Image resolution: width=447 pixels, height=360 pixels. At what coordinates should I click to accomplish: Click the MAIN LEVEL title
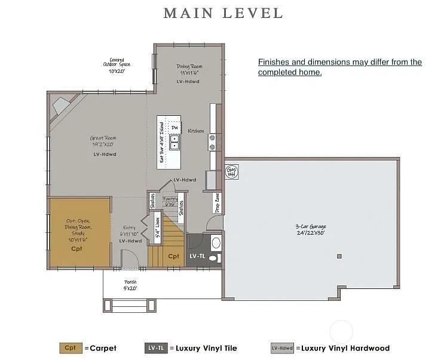(x=223, y=13)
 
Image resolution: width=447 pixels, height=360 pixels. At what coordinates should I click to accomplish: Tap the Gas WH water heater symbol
(x=231, y=171)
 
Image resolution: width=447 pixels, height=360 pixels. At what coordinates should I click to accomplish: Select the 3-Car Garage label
(x=311, y=230)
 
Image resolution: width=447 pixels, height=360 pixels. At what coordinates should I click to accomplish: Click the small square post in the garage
(x=339, y=256)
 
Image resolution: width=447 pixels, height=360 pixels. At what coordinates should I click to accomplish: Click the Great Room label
(x=103, y=141)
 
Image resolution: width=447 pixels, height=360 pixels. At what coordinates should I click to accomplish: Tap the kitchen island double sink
(x=174, y=142)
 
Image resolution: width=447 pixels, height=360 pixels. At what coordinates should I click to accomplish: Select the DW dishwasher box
(x=174, y=128)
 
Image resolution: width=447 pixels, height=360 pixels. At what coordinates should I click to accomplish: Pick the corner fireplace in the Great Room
(x=62, y=106)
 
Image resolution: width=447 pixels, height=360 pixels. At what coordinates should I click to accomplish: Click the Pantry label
(x=170, y=200)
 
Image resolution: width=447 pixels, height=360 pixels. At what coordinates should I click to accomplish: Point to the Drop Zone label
(x=218, y=202)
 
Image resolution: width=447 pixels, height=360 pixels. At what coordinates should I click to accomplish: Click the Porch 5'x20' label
(x=130, y=285)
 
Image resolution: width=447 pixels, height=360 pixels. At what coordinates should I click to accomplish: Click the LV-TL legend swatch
(x=155, y=348)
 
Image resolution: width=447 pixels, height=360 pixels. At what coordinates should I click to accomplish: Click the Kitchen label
(x=196, y=131)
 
